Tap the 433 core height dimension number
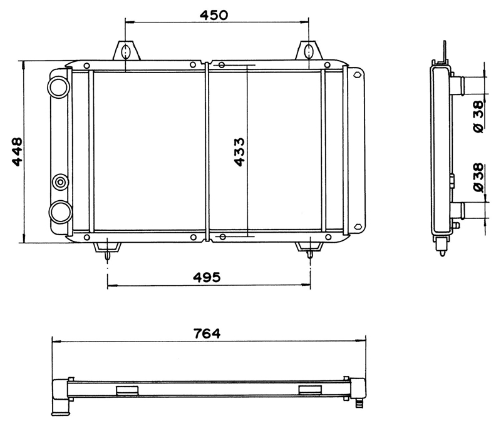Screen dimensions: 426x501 (x=239, y=152)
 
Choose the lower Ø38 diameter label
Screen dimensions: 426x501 (x=478, y=178)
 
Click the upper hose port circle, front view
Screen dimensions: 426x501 (x=59, y=86)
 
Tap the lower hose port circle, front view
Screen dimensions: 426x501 (x=59, y=211)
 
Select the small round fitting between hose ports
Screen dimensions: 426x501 (x=60, y=183)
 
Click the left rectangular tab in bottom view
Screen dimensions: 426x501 (x=127, y=390)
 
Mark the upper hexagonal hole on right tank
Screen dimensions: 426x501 (x=357, y=76)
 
